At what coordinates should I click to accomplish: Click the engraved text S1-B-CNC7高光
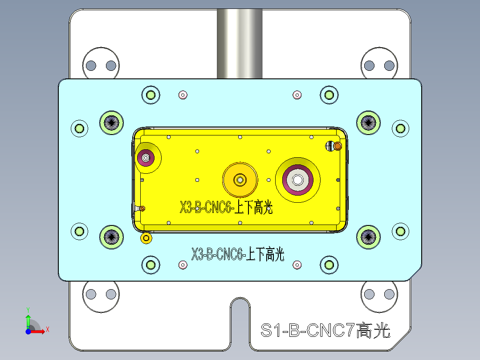tap(325, 331)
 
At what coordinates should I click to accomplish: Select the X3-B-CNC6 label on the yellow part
tap(226, 208)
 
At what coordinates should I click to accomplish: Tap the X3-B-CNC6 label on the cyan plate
tap(237, 255)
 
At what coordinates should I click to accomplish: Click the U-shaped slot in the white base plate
tap(240, 321)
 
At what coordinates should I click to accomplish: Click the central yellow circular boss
tap(240, 180)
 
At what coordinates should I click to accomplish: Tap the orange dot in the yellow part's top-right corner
tap(338, 146)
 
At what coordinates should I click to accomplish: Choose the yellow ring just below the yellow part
tap(146, 238)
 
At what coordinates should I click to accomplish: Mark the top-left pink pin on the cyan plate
tap(183, 94)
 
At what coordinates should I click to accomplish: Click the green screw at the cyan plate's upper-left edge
tap(80, 128)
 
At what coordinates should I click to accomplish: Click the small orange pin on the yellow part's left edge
tap(142, 208)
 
